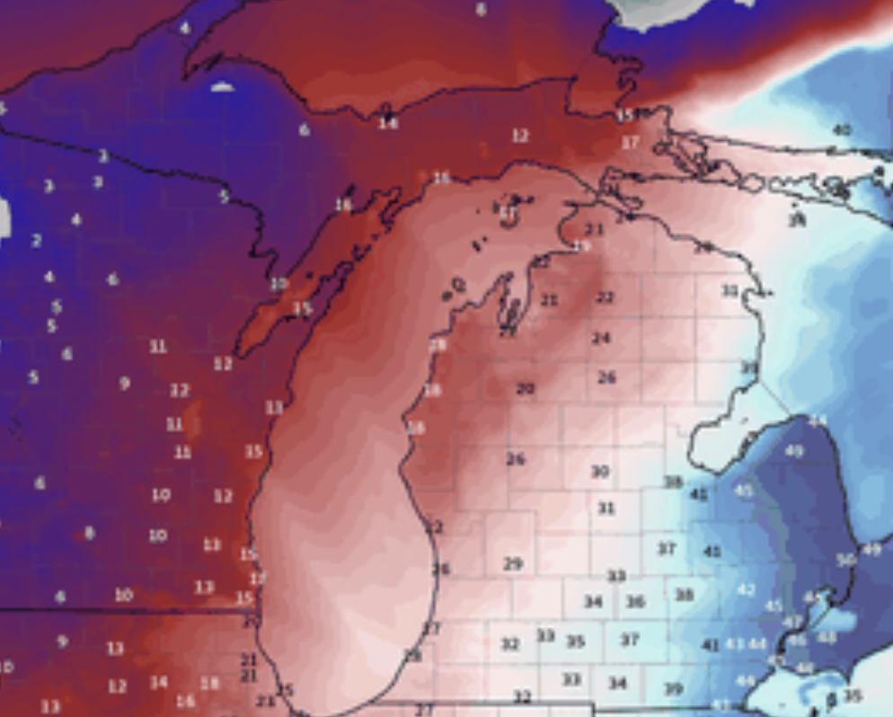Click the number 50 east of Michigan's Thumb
pos(845,560)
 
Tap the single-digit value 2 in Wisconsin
pos(36,241)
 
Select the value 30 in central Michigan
pos(600,472)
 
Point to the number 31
pos(606,509)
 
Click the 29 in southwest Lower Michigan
pos(513,564)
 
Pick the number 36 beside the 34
pos(635,601)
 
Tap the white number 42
pos(746,589)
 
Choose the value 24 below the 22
pos(601,339)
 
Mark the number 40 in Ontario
pos(842,130)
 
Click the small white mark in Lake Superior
pos(222,87)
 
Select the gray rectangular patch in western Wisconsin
pos(4,218)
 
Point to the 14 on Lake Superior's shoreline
pos(388,122)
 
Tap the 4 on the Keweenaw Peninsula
pos(185,28)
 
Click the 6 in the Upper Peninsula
pos(304,130)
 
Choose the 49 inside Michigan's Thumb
pos(794,451)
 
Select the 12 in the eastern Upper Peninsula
pos(520,136)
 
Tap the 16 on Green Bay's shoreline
pos(343,205)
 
